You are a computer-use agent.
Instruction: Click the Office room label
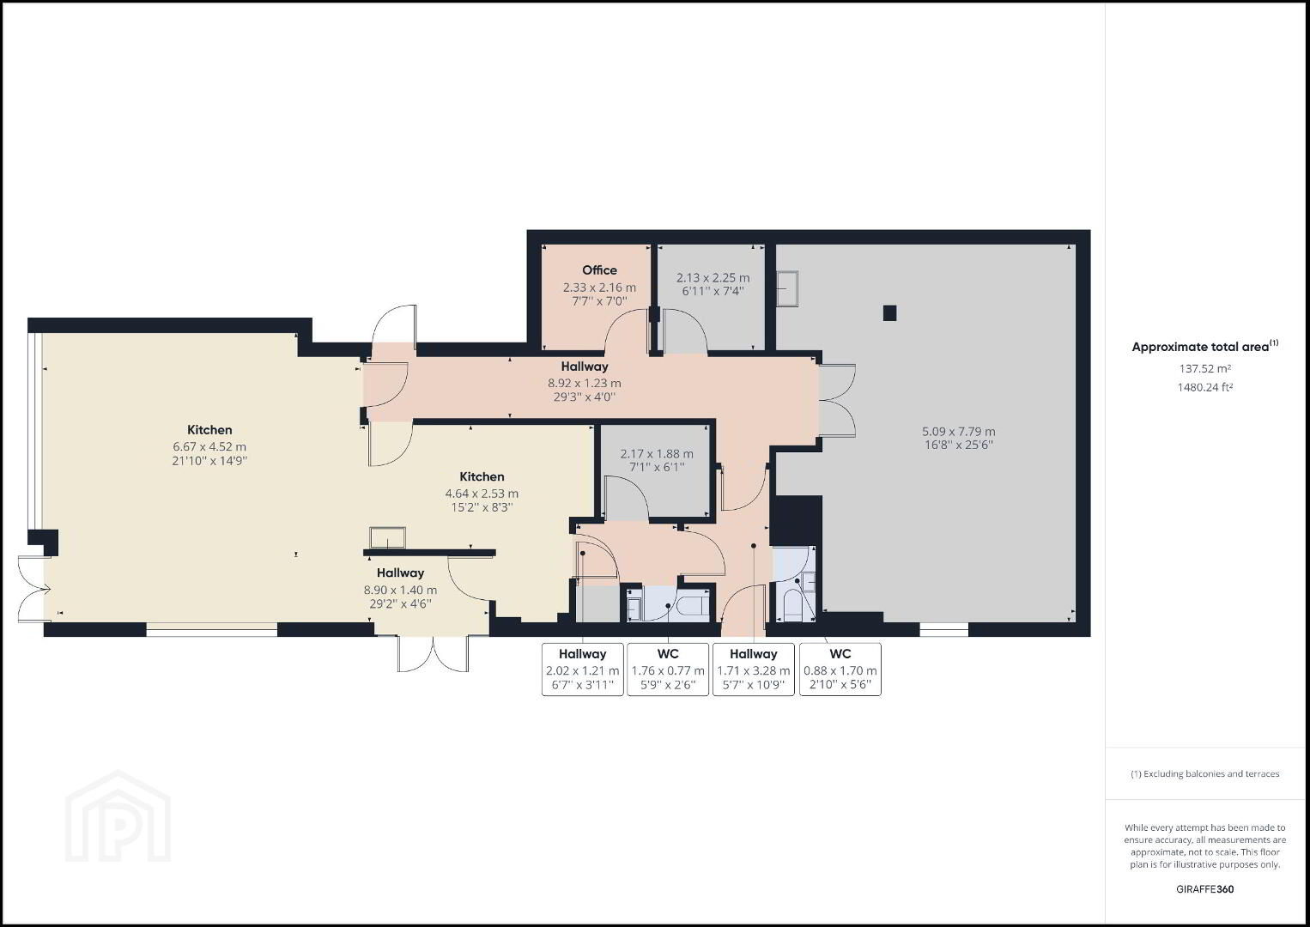pos(599,270)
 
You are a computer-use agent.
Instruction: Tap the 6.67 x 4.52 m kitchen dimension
pos(209,447)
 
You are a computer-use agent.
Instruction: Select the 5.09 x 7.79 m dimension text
pos(959,432)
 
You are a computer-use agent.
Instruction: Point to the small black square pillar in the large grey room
pos(889,313)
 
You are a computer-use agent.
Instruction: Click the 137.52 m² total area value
pos(1204,368)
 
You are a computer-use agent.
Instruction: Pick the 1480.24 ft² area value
pos(1204,387)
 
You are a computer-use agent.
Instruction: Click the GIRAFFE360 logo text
pos(1204,889)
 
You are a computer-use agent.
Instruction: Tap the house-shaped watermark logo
pos(118,816)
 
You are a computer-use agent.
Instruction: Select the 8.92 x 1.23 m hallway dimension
pos(585,384)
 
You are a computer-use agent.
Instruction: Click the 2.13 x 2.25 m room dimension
pos(713,278)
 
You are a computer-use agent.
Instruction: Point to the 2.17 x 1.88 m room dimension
pos(657,454)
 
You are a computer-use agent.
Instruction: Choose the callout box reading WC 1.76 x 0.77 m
pos(668,669)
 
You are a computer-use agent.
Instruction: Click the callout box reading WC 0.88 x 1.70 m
pos(840,669)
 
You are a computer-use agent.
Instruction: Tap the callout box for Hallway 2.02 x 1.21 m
pos(583,669)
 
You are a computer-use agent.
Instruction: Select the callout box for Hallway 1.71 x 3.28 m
pos(753,669)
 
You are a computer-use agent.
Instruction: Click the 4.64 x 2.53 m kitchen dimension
pos(482,494)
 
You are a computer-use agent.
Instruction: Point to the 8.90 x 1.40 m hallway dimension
pos(400,591)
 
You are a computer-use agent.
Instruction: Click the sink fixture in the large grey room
pos(787,288)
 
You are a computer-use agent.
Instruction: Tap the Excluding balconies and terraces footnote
pos(1204,773)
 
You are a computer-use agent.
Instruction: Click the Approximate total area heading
pos(1204,347)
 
